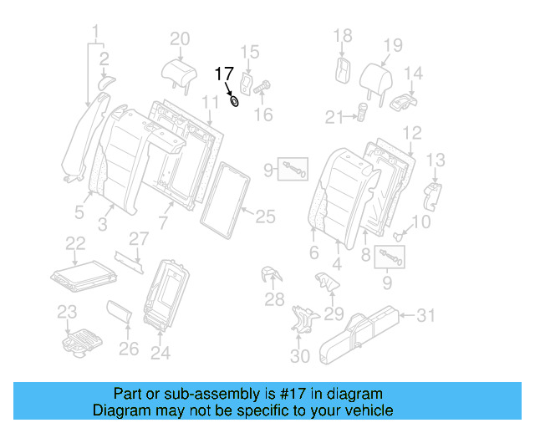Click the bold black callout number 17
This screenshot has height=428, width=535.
pyautogui.click(x=225, y=74)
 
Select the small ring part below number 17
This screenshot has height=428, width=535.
pyautogui.click(x=235, y=102)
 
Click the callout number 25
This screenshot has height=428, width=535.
pyautogui.click(x=264, y=217)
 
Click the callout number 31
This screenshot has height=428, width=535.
pyautogui.click(x=427, y=314)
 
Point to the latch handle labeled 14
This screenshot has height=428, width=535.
pyautogui.click(x=403, y=102)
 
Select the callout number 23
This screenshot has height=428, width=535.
pyautogui.click(x=66, y=312)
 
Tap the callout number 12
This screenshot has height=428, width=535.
pyautogui.click(x=411, y=133)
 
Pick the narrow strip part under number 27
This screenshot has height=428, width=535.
pyautogui.click(x=129, y=261)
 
